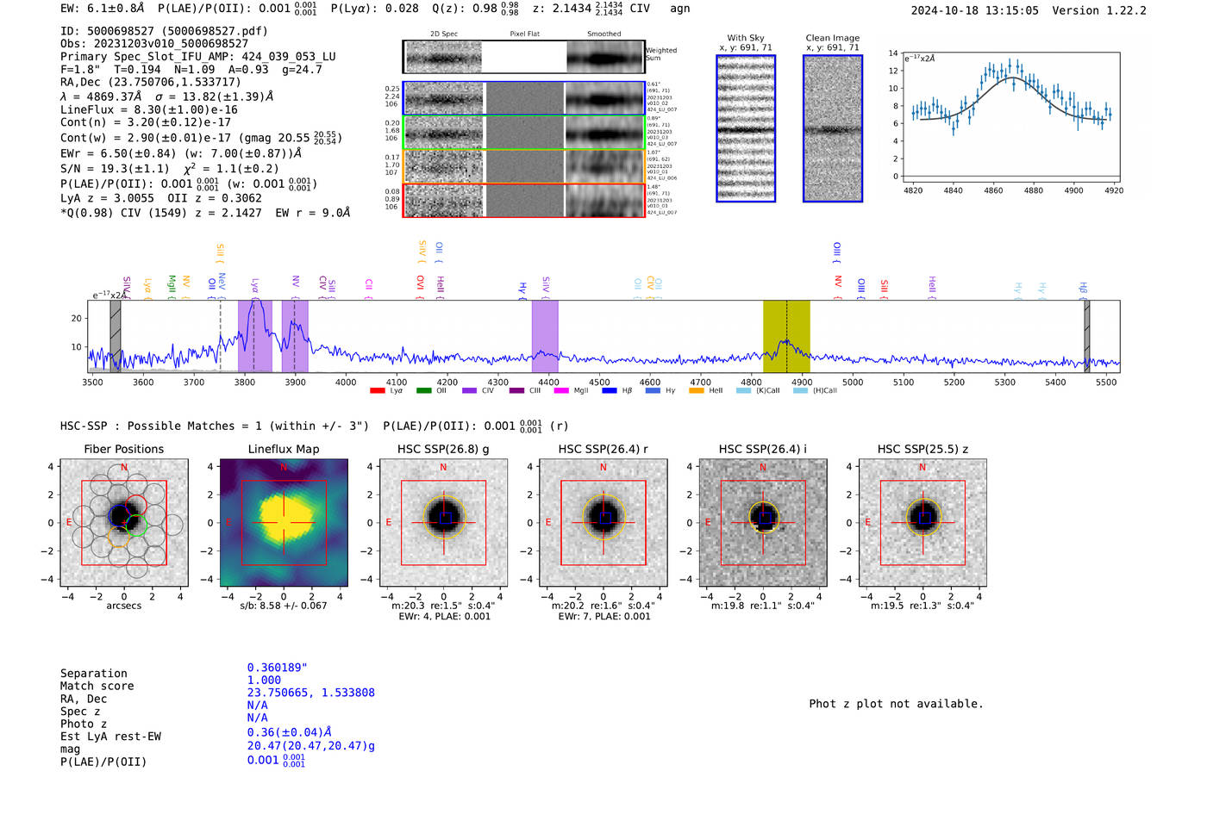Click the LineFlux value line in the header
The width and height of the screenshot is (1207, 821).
(x=149, y=109)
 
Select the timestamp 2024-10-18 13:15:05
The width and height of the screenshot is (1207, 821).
(x=974, y=10)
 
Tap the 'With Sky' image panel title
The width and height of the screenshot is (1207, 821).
(x=745, y=38)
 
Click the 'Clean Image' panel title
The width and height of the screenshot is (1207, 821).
(x=832, y=38)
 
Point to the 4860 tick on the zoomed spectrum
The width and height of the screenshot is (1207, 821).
(x=993, y=190)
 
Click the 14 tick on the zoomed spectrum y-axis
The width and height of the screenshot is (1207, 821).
(x=893, y=53)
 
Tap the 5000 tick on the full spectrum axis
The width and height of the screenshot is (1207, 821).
(x=852, y=382)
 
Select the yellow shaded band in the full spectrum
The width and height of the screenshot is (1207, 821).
(x=786, y=336)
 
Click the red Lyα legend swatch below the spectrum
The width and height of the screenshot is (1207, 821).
(x=377, y=391)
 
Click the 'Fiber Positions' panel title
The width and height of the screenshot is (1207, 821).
(x=123, y=449)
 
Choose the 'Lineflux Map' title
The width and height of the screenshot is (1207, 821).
(x=284, y=449)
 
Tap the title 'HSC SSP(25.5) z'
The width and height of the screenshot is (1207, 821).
(x=922, y=449)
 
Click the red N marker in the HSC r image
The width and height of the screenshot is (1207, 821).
(x=603, y=468)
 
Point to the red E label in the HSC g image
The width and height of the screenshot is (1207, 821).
(x=389, y=523)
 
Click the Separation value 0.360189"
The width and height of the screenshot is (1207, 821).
(x=277, y=668)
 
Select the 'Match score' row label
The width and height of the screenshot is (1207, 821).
(x=97, y=686)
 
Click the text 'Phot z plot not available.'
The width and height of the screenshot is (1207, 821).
(x=896, y=704)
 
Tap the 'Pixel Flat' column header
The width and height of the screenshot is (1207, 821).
(x=524, y=34)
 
